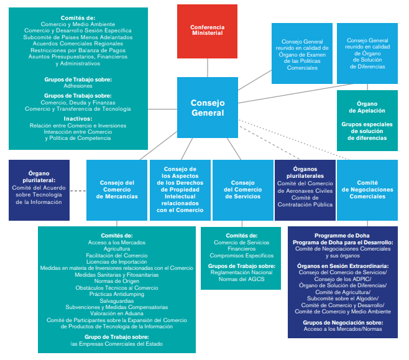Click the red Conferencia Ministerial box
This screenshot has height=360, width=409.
click(x=208, y=31)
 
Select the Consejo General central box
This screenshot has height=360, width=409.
click(x=208, y=108)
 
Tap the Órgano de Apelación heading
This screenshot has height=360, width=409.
click(x=367, y=106)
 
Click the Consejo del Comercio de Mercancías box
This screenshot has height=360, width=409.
click(x=117, y=189)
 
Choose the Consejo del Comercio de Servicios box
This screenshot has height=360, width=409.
click(x=242, y=189)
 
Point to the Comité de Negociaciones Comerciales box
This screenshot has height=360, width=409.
click(x=367, y=189)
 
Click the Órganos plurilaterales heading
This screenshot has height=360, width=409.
click(x=305, y=172)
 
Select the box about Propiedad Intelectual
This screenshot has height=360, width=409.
click(x=180, y=190)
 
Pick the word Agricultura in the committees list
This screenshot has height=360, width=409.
click(x=117, y=248)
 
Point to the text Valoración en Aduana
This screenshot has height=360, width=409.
click(x=117, y=314)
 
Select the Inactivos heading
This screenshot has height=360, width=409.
click(x=78, y=119)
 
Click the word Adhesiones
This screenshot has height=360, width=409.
click(x=78, y=86)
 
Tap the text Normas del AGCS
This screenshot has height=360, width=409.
click(x=242, y=278)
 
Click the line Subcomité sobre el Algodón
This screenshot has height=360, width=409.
click(x=343, y=298)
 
